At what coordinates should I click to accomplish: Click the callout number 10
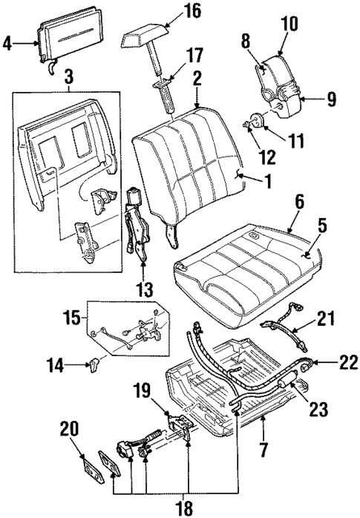[x=289, y=23]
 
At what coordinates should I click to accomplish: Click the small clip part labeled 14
[x=94, y=363]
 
